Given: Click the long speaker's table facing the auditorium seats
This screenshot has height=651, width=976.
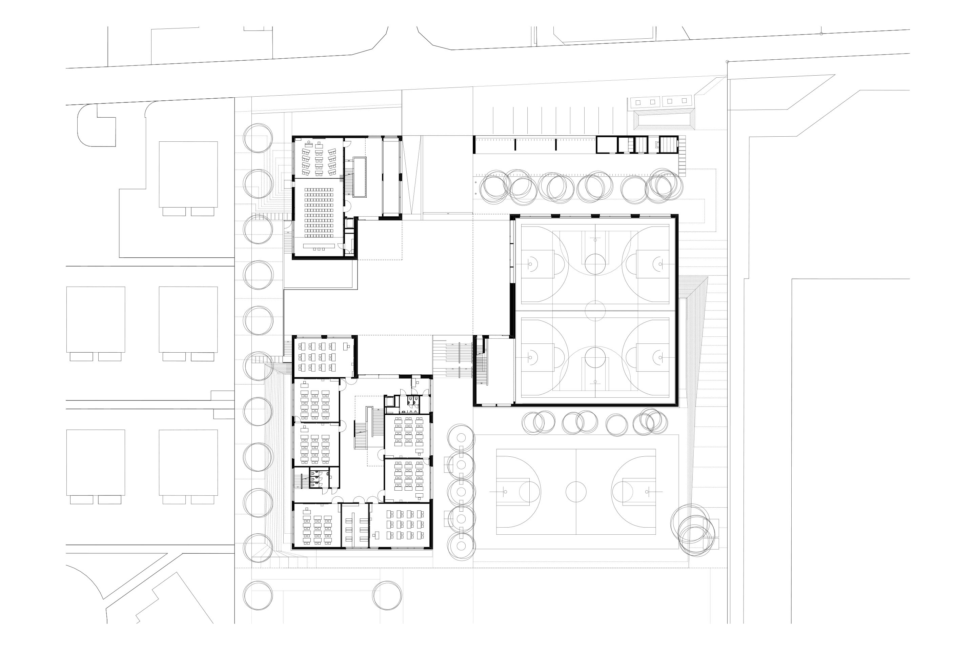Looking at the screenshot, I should [319, 246].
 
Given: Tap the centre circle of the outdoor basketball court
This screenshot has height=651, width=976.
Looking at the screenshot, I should [575, 492].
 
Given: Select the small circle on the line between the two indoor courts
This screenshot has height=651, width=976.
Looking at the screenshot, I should [595, 310].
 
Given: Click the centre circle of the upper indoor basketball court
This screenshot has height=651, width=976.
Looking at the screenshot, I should [595, 264].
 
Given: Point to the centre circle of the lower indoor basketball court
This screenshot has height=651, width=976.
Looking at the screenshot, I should [595, 357].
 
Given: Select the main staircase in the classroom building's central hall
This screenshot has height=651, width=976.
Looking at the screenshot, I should [368, 428].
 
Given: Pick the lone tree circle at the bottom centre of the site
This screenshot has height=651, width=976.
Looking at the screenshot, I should [387, 595].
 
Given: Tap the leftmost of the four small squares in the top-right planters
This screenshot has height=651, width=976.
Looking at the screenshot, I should [638, 102].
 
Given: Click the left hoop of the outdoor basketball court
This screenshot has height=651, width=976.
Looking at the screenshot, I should [505, 492].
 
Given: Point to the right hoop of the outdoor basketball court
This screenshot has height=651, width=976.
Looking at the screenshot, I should [647, 492].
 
